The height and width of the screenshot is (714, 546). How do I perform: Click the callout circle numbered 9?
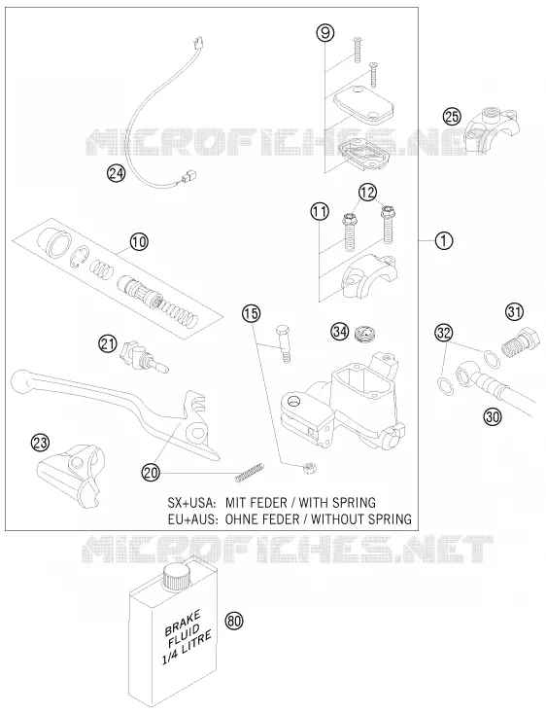pos(325,33)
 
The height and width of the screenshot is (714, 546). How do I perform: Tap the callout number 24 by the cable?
pos(116,173)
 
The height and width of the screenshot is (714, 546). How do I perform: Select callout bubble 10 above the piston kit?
pos(139,241)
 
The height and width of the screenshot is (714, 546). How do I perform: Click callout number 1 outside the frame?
pos(444,240)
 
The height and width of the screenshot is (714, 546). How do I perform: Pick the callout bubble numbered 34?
pos(340,332)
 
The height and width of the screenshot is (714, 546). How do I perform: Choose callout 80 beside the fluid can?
pos(234,621)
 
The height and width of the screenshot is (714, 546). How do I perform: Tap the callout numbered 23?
pos(40,443)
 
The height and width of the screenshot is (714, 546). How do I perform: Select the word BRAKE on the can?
pos(183,623)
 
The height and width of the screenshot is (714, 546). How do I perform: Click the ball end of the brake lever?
pos(20,381)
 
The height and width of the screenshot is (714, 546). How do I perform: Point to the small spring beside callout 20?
pos(250,472)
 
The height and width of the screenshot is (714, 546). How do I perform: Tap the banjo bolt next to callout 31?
pos(520,342)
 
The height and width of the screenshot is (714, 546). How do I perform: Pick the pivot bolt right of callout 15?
pos(283,343)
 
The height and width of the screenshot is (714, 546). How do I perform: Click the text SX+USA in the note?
pos(190,502)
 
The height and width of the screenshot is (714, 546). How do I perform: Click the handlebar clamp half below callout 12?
pos(370,276)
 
